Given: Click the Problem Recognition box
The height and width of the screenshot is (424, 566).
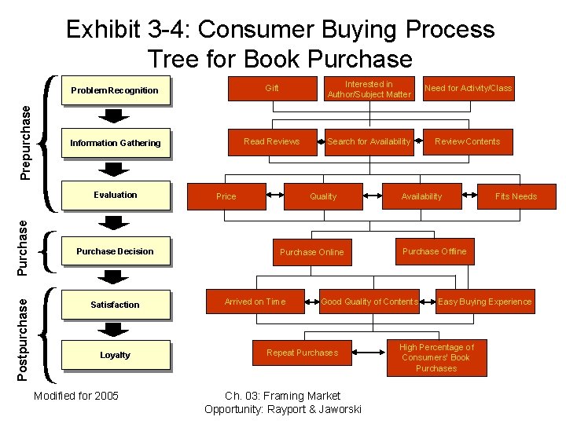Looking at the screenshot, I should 115,90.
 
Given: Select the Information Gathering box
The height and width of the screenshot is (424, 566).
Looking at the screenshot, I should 115,143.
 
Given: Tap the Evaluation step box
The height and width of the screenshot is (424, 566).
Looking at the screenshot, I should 115,195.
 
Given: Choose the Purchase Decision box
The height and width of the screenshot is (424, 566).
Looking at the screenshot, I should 115,251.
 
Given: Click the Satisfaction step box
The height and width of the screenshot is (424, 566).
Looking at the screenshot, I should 115,305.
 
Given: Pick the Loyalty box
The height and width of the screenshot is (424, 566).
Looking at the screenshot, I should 115,355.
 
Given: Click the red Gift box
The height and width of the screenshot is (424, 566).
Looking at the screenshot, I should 272,88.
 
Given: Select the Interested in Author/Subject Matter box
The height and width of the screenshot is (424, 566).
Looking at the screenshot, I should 369,89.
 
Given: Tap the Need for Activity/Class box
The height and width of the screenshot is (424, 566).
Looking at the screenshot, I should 468,88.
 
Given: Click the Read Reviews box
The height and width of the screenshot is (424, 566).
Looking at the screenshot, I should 272,141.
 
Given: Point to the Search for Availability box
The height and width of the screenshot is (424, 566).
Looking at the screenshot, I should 369,141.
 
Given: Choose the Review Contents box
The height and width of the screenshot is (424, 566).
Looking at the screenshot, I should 468,141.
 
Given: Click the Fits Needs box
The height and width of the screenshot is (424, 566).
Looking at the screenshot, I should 516,196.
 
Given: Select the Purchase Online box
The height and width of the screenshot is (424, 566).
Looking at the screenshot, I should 312,252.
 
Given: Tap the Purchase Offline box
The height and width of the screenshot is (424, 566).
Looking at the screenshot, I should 434,251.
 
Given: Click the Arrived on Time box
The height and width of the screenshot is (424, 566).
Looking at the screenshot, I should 255,302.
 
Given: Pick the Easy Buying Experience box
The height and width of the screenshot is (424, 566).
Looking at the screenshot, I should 484,302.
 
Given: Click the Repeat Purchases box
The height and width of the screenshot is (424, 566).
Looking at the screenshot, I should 303,353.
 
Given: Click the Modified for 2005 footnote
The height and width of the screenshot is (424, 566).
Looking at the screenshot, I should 76,396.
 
